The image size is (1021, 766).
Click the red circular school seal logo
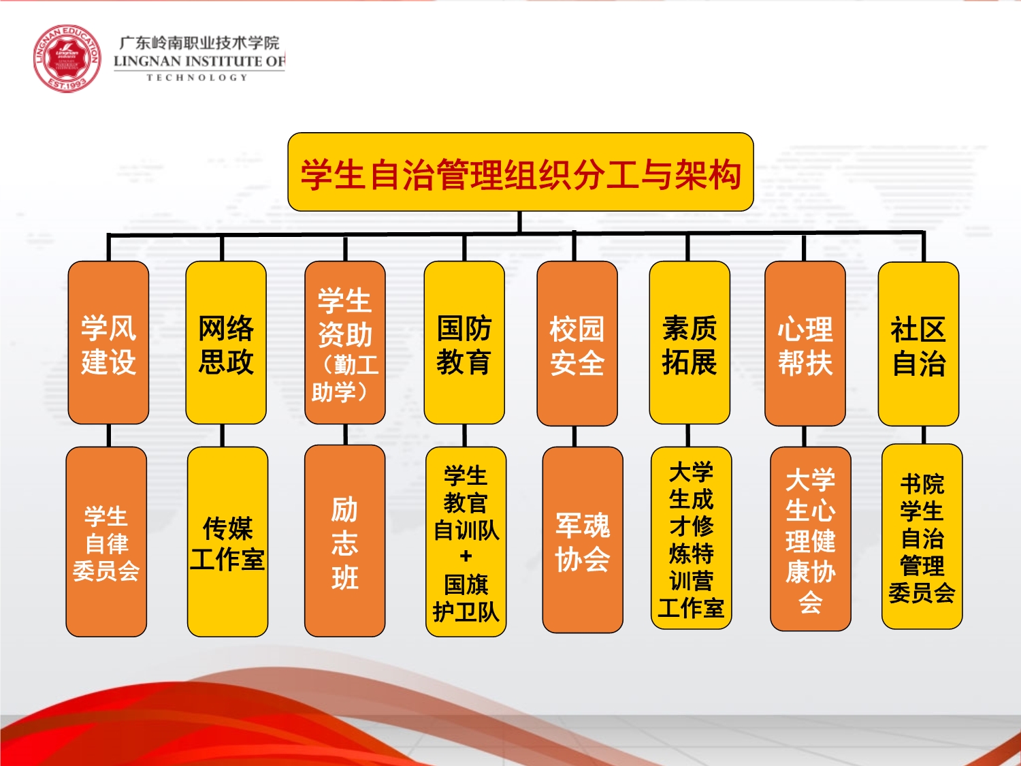click(x=67, y=58)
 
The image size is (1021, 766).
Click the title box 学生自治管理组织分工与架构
click(x=521, y=172)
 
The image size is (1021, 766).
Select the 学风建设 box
click(x=108, y=342)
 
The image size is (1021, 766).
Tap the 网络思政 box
click(x=226, y=342)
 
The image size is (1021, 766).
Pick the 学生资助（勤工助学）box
click(x=345, y=342)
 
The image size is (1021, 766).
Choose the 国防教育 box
click(x=464, y=342)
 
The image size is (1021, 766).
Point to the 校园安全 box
click(x=577, y=343)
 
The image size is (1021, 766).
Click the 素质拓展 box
click(x=690, y=342)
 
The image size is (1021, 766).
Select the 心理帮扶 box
click(x=805, y=343)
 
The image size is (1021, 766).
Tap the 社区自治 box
click(x=919, y=344)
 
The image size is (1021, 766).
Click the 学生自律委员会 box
click(x=106, y=542)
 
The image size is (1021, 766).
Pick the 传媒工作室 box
click(x=227, y=542)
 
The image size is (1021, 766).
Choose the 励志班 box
click(x=345, y=541)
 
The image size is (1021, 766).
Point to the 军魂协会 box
click(x=583, y=540)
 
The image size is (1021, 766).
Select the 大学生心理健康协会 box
click(x=811, y=539)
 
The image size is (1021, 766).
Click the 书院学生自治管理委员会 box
click(x=922, y=537)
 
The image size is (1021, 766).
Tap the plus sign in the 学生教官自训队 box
click(x=466, y=556)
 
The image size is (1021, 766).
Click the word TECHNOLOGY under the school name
click(x=197, y=78)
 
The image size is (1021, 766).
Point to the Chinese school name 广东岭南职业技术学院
click(x=199, y=43)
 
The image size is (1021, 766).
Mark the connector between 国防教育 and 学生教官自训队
click(x=464, y=435)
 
